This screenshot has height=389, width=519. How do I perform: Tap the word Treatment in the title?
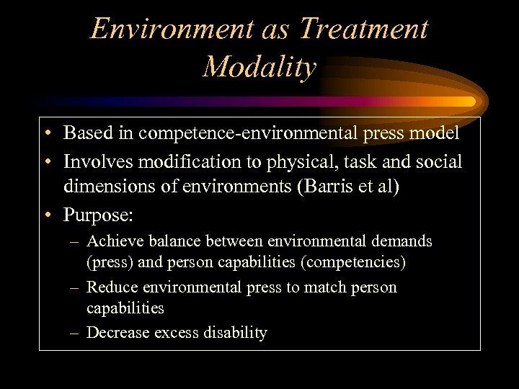pyautogui.click(x=363, y=29)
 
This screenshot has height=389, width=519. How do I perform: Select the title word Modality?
pyautogui.click(x=259, y=67)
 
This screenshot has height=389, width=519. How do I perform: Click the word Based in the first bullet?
pyautogui.click(x=86, y=133)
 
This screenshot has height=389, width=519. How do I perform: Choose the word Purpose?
pyautogui.click(x=94, y=215)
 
